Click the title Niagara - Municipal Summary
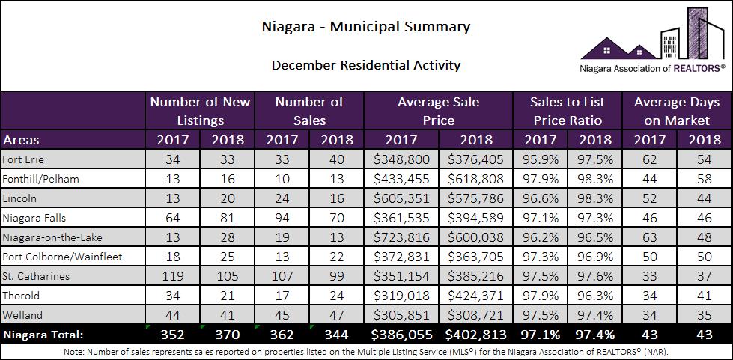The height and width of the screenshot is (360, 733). point(366,28)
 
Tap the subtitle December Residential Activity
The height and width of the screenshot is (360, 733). point(366,65)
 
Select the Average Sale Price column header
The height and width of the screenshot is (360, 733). point(438,110)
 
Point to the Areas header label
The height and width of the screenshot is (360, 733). point(22,139)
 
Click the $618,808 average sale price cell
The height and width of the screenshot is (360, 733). point(475,179)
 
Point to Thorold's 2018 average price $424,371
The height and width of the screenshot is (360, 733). point(475,296)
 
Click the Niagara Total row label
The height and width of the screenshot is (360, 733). point(43,334)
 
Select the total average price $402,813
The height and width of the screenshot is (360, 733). point(475,334)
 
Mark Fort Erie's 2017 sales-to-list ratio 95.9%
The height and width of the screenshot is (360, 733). point(540,159)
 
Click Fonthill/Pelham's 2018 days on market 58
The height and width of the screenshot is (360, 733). point(704,179)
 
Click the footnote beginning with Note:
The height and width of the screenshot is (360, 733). point(366,351)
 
